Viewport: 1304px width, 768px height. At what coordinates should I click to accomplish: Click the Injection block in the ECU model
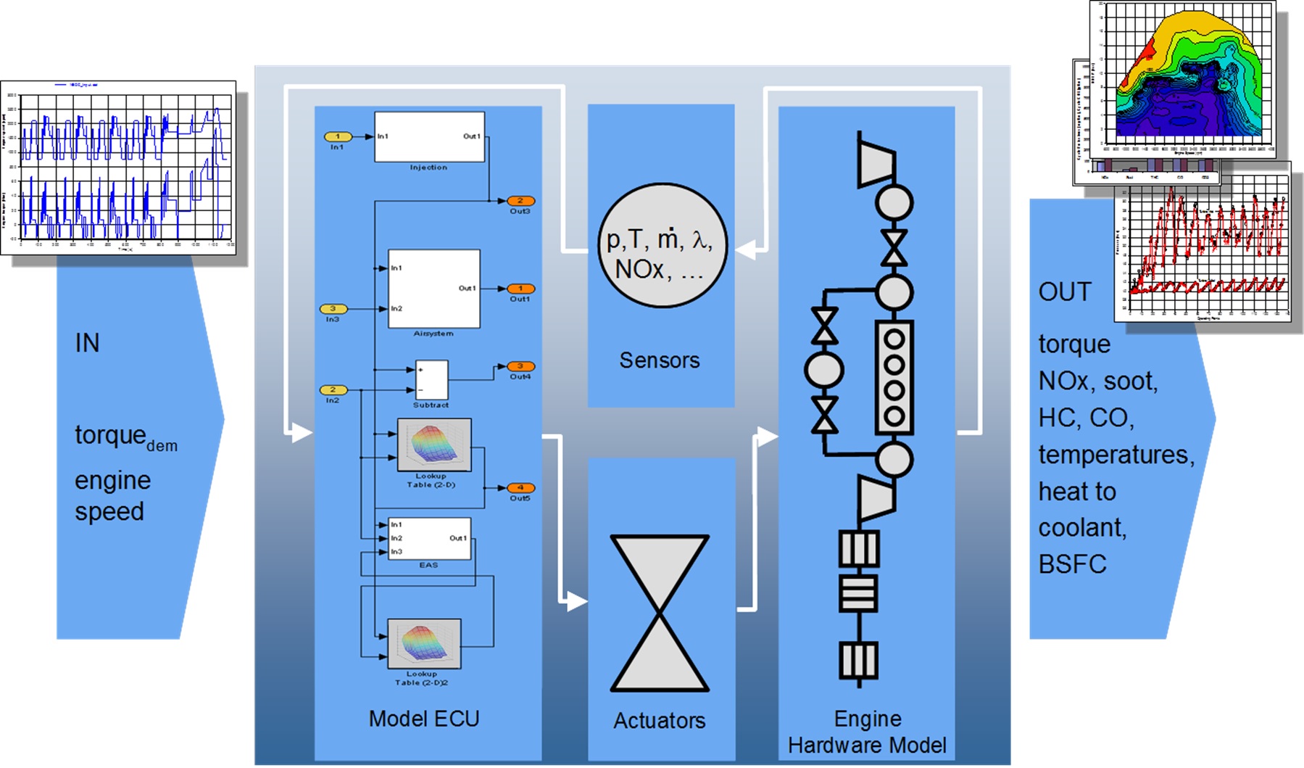tap(429, 137)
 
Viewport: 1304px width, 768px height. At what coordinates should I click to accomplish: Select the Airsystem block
tap(433, 289)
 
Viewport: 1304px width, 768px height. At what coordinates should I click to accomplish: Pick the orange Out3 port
tap(520, 201)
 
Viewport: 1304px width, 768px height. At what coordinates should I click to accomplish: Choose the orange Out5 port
tap(520, 488)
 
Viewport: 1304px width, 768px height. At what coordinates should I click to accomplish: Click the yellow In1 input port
tap(337, 136)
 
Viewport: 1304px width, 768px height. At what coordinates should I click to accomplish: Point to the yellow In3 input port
tap(333, 309)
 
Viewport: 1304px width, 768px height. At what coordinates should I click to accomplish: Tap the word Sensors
tap(659, 360)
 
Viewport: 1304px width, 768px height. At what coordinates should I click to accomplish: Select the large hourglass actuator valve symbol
tap(660, 614)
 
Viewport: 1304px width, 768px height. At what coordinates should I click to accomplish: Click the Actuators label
tap(659, 720)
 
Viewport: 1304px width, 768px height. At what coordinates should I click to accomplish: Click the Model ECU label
tap(424, 719)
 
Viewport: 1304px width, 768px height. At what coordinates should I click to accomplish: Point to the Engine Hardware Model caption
tap(867, 732)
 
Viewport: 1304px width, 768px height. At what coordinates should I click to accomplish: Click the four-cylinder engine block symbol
tap(894, 377)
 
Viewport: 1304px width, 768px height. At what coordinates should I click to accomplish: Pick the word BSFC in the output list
tap(1072, 564)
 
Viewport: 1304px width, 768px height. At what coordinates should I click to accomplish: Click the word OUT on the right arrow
tap(1064, 292)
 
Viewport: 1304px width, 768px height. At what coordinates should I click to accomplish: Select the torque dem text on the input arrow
tap(125, 437)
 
